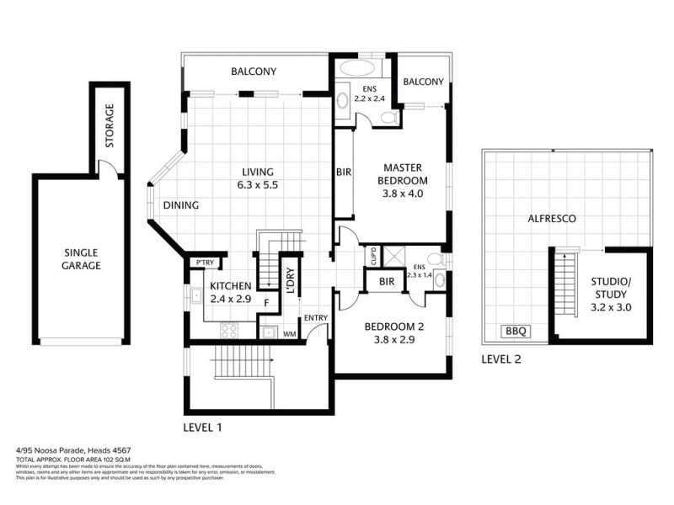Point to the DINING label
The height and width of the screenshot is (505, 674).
click(180, 205)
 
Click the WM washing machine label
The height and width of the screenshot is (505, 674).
click(289, 334)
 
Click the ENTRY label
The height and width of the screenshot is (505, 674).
click(316, 317)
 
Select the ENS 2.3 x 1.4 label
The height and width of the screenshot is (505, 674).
click(419, 269)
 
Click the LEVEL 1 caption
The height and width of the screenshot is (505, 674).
click(202, 428)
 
